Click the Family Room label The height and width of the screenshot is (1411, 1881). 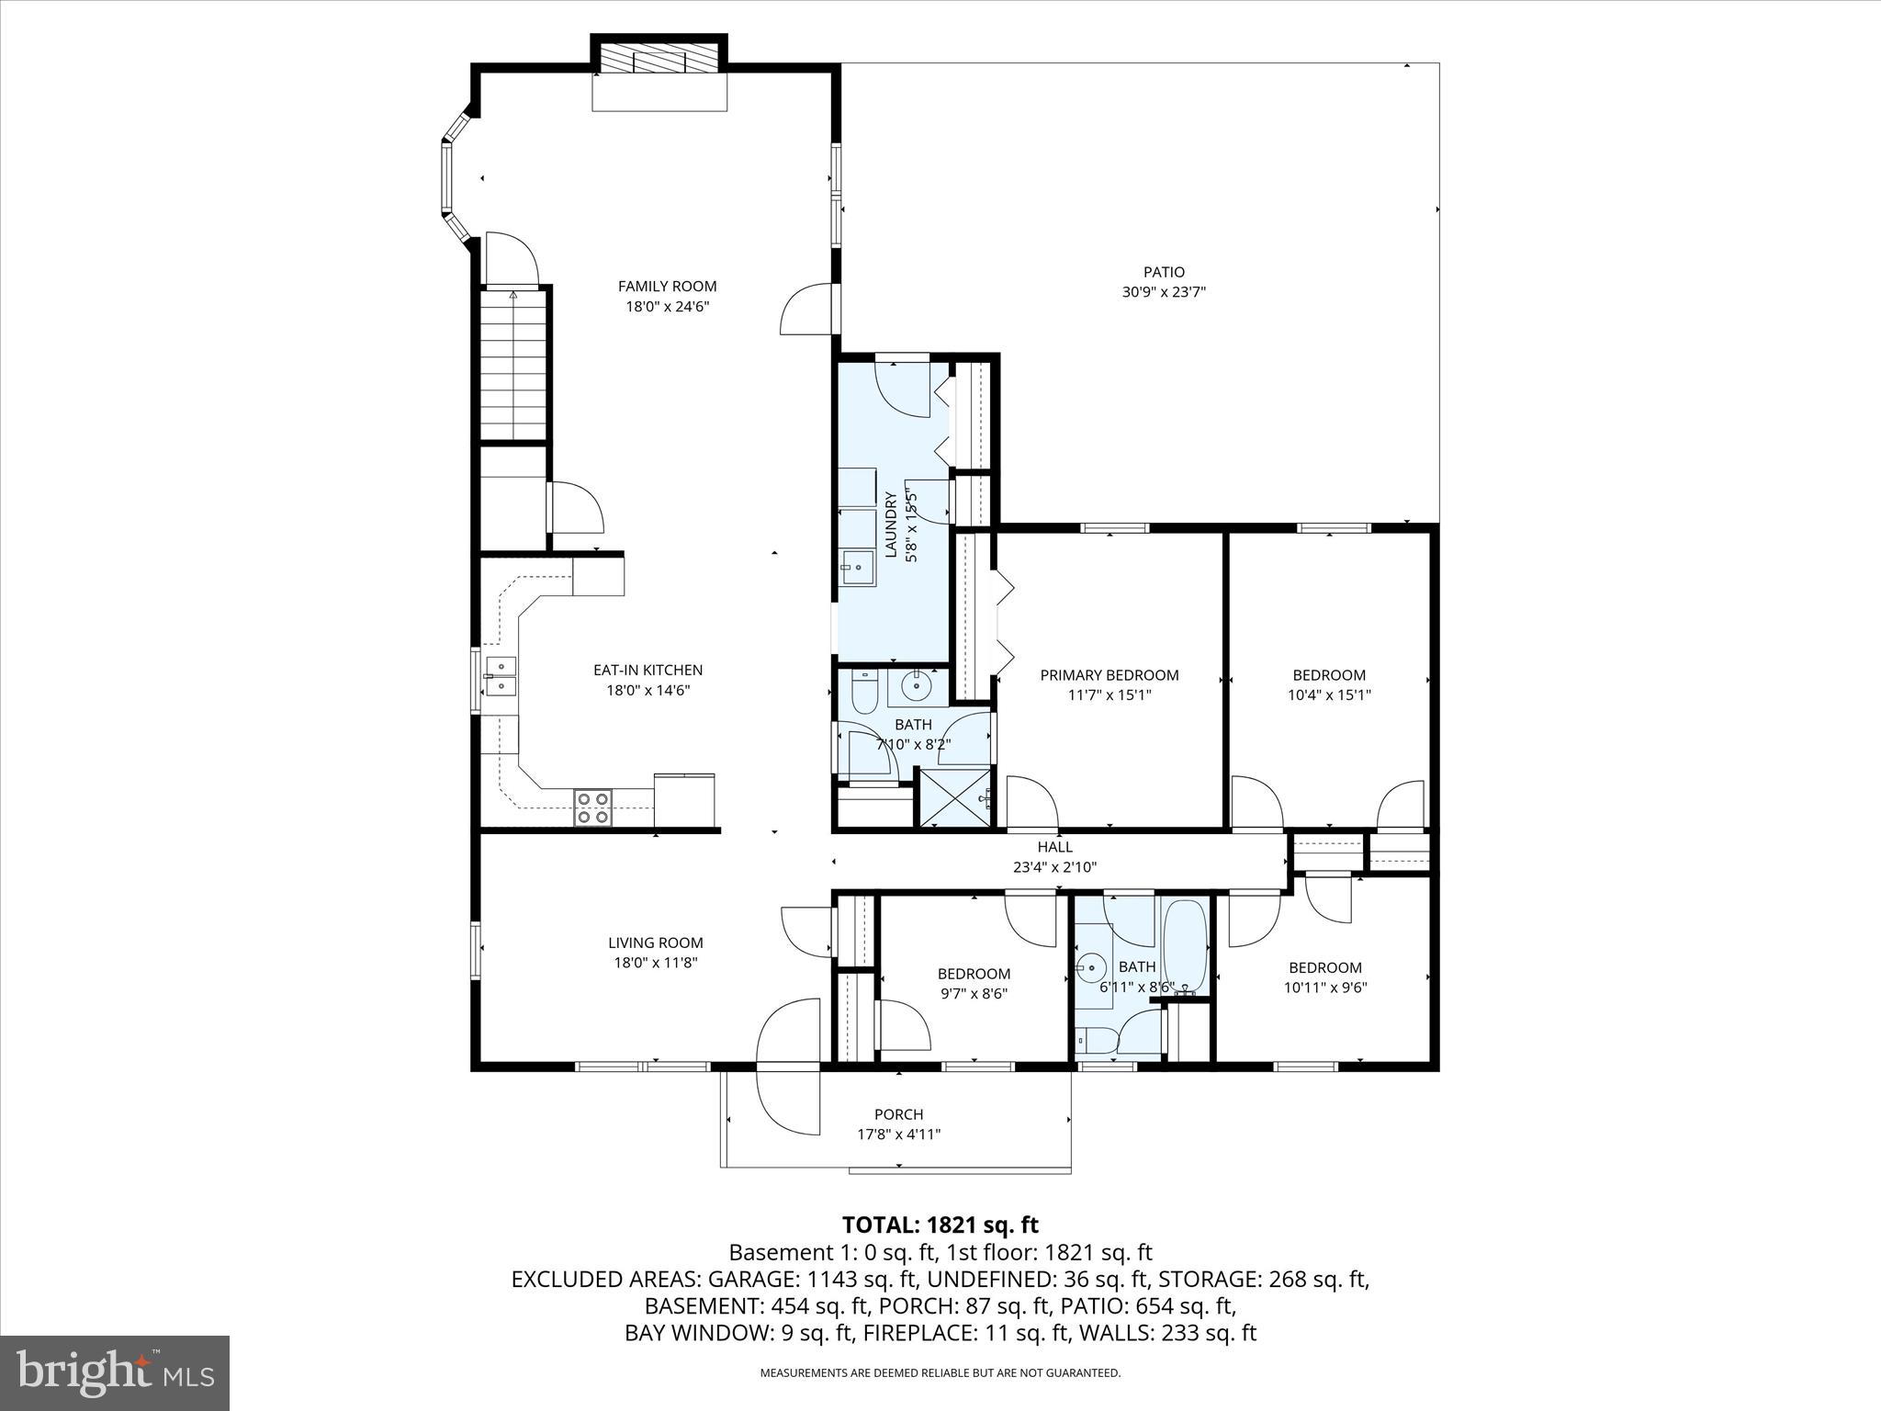667,287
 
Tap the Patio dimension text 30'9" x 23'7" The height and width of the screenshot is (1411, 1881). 1164,292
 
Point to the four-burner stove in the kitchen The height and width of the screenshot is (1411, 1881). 593,807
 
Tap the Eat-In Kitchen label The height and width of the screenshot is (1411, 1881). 648,671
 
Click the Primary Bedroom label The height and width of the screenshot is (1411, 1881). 1109,675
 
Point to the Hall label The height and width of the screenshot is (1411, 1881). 1055,847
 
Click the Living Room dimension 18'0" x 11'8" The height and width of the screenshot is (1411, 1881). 656,963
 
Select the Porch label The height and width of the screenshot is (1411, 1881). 899,1114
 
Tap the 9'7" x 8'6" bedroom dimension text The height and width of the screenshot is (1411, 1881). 974,994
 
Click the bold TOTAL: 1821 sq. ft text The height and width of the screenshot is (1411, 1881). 940,1225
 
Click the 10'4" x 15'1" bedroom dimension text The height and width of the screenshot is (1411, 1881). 1329,695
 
